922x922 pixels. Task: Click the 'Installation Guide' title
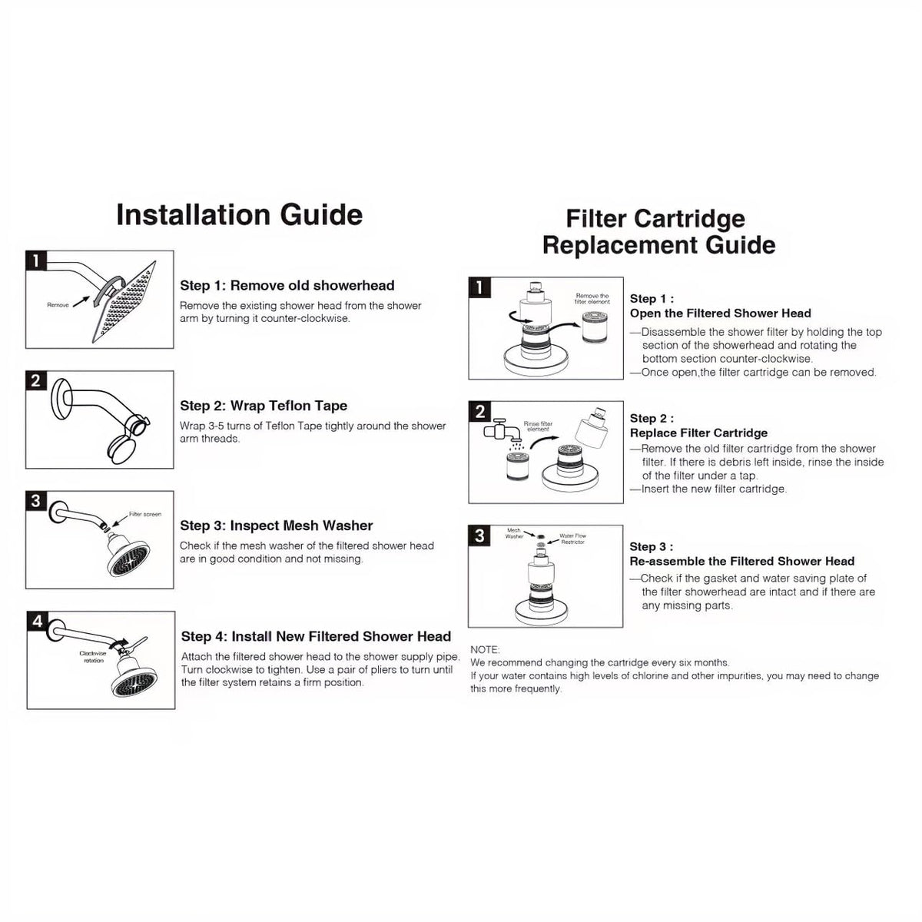click(x=239, y=214)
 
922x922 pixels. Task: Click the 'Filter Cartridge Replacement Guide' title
click(x=658, y=232)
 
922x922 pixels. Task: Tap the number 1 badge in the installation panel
click(x=36, y=260)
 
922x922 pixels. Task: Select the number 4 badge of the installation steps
click(x=37, y=621)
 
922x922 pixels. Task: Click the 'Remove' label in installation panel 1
click(x=58, y=305)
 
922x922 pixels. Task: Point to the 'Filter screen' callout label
click(x=145, y=514)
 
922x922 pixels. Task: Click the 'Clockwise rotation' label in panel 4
click(x=93, y=656)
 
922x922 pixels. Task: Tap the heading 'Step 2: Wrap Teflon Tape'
click(x=264, y=406)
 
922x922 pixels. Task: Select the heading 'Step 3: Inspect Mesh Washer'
click(x=276, y=526)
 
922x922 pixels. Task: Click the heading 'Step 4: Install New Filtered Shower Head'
click(x=316, y=636)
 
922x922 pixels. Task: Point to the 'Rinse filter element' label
click(x=538, y=426)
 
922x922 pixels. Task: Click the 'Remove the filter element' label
click(x=592, y=299)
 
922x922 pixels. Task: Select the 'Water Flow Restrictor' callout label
click(x=572, y=539)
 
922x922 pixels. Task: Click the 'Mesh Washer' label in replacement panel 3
click(x=514, y=533)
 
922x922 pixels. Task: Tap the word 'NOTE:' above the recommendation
click(x=485, y=650)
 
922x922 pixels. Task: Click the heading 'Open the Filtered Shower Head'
click(x=720, y=313)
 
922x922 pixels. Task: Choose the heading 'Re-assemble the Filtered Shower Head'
click(x=741, y=561)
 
